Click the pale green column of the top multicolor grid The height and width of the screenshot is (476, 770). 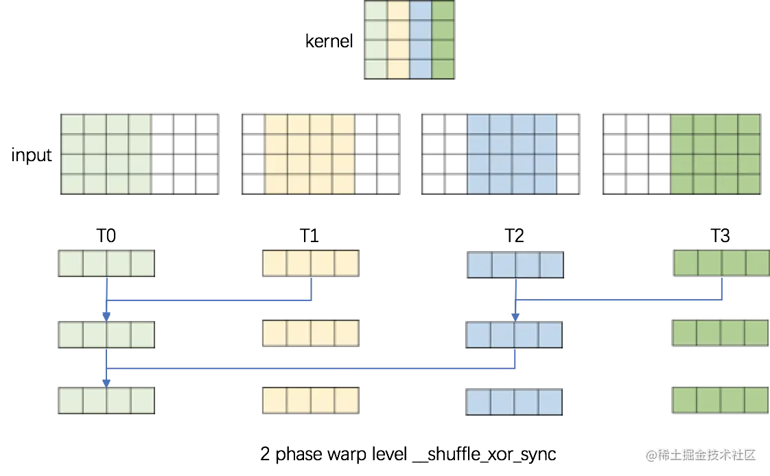375,40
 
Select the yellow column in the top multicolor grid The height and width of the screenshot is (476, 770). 398,40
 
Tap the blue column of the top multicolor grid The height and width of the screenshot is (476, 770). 421,40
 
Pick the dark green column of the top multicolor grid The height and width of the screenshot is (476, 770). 443,40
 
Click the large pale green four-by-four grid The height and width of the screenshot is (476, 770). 106,154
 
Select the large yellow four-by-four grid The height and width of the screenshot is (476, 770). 310,154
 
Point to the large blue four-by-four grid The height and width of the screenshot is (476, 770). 512,154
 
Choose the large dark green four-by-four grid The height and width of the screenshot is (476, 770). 716,154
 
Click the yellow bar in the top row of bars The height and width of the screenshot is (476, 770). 310,263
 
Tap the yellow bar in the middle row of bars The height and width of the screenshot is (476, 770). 310,333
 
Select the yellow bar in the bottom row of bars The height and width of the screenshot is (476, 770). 310,401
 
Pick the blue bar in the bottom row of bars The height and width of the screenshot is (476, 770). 515,403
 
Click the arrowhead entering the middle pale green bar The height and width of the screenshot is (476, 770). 106,315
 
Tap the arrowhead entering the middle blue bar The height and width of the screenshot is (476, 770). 515,316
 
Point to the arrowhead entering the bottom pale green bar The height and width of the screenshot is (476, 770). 106,382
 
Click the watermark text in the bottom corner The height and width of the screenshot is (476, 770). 700,454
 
